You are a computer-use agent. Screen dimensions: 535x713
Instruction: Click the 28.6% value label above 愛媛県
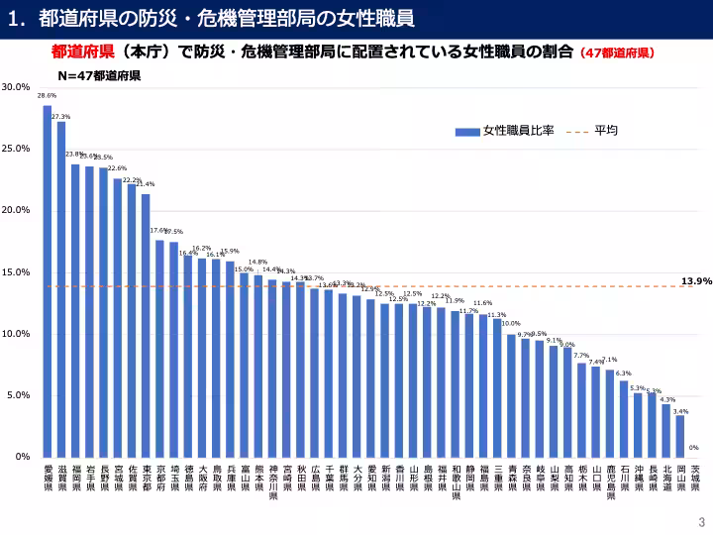click(x=47, y=96)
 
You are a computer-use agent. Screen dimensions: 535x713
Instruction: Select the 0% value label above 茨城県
click(x=694, y=447)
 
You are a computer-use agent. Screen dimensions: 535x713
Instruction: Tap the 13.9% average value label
click(x=696, y=281)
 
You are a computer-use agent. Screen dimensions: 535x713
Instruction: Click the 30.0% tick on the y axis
click(x=17, y=87)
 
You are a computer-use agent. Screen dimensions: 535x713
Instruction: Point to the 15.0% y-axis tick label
click(x=17, y=271)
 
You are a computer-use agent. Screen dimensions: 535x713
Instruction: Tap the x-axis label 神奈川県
click(x=272, y=481)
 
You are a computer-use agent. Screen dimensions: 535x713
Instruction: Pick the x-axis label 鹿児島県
click(x=610, y=481)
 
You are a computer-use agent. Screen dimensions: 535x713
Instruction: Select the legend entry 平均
click(x=606, y=131)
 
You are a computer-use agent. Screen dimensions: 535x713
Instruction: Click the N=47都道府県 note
click(x=99, y=74)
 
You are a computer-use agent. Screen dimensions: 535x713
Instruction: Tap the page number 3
click(x=701, y=522)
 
